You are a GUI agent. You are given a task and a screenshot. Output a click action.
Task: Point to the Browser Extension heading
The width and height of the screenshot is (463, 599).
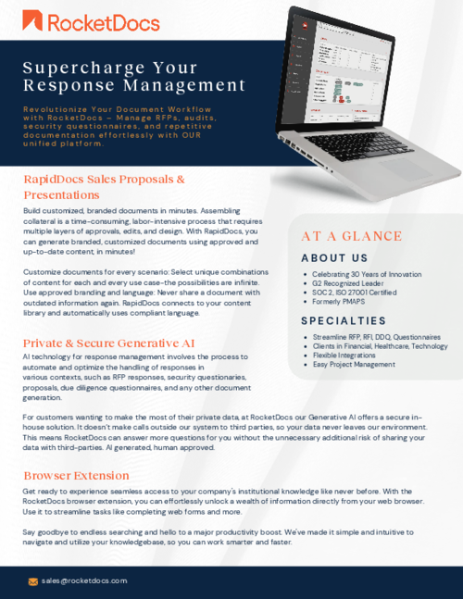pyautogui.click(x=76, y=475)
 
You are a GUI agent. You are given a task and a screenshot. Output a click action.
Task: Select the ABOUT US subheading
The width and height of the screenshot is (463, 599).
pyautogui.click(x=334, y=257)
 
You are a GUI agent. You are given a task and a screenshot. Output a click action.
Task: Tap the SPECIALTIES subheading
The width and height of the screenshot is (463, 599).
pyautogui.click(x=343, y=320)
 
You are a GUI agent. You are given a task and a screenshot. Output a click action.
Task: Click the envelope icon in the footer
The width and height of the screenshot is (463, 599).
pyautogui.click(x=33, y=581)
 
